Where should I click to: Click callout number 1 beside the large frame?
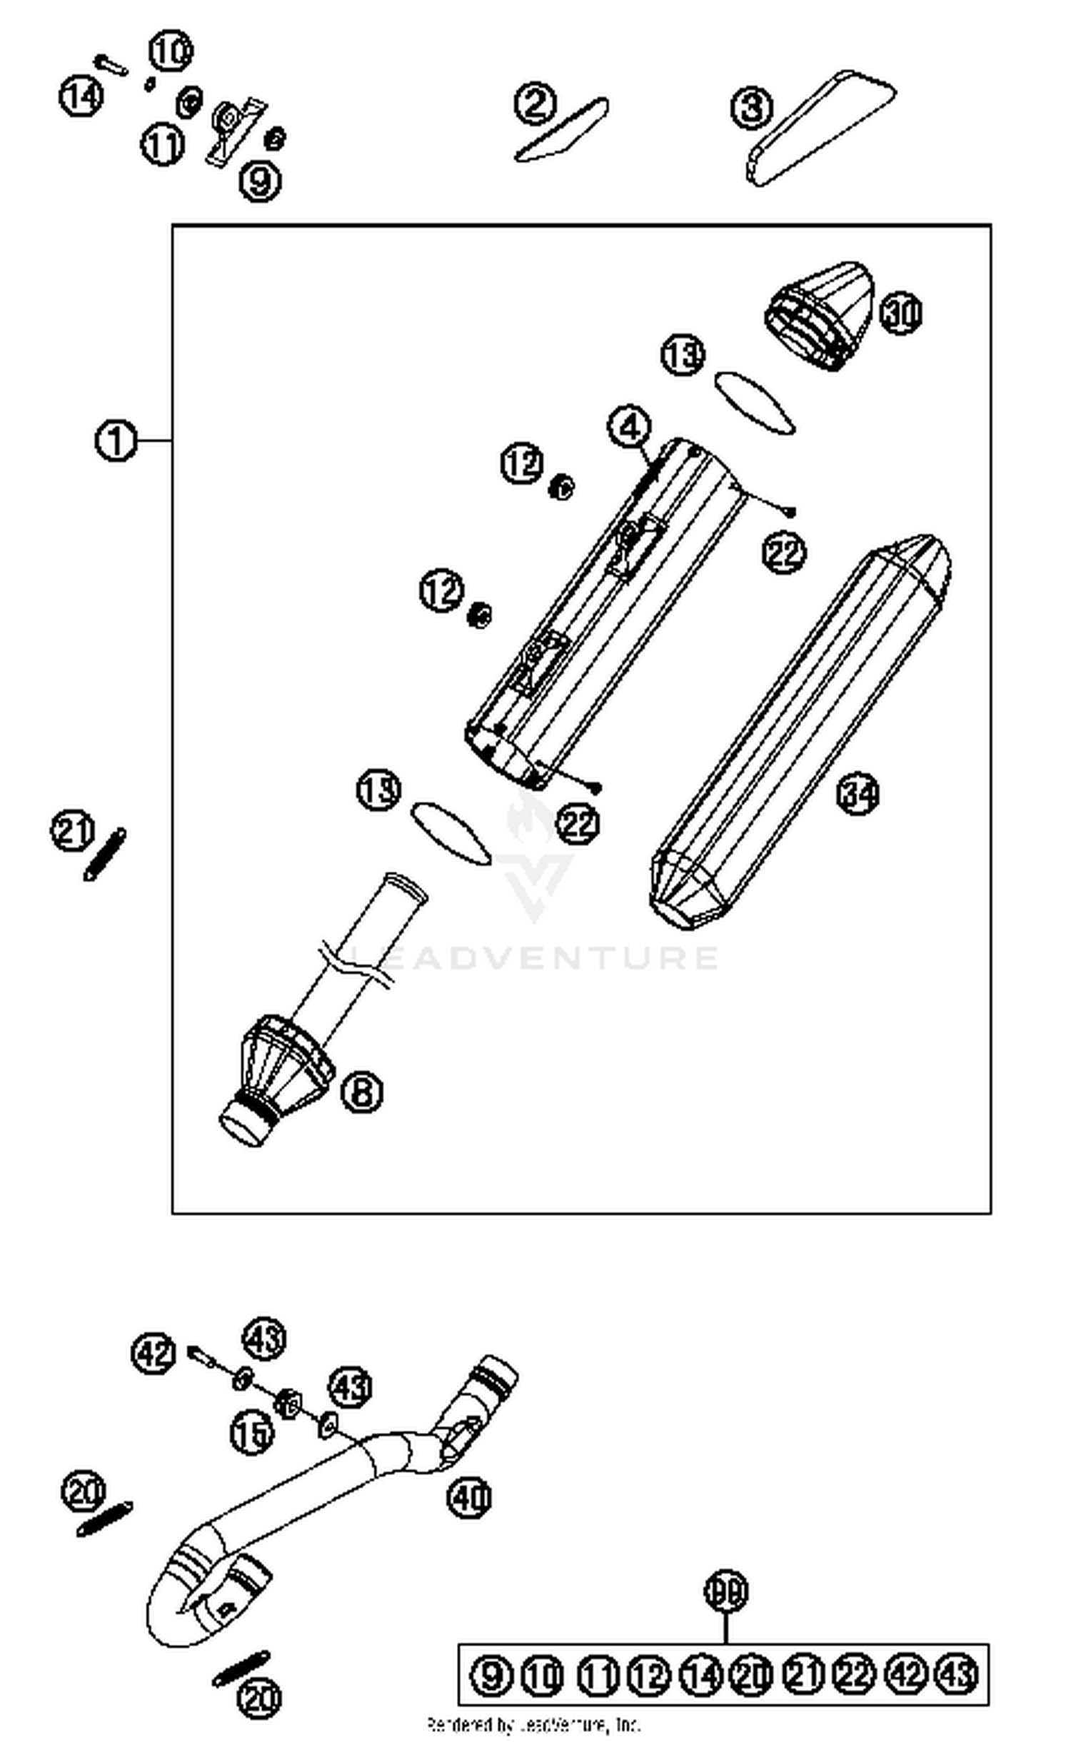(x=115, y=440)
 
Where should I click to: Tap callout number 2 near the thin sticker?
(x=535, y=104)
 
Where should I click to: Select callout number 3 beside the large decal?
(x=752, y=109)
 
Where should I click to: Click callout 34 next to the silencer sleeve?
(x=858, y=794)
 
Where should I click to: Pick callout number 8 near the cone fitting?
(x=362, y=1092)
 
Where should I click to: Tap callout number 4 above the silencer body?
(x=629, y=428)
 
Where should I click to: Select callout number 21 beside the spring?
(x=72, y=831)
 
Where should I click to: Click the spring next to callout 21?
(x=105, y=854)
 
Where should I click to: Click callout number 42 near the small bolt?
(x=154, y=1354)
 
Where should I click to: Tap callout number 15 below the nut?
(x=252, y=1433)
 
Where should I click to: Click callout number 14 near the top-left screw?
(x=81, y=96)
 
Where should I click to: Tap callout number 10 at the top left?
(x=171, y=51)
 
